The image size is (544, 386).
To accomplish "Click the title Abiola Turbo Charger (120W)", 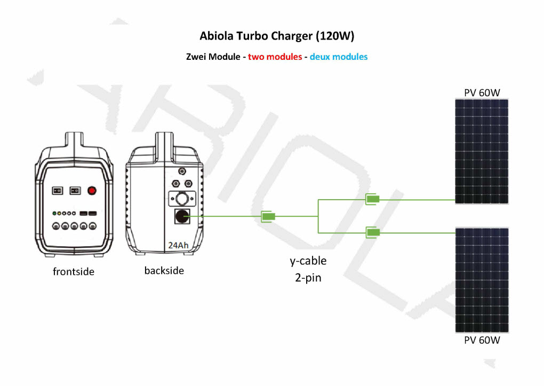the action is (x=277, y=36).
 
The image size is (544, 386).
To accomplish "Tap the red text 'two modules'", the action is (x=275, y=57).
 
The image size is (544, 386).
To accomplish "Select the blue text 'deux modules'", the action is (x=339, y=57).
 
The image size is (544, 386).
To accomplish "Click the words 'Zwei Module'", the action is (x=213, y=57).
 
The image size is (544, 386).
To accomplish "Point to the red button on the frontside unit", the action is (x=92, y=191).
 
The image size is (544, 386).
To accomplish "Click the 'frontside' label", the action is (x=74, y=271).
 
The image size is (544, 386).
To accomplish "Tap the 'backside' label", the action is (x=164, y=271).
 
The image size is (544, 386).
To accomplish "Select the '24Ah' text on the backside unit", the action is (x=178, y=245).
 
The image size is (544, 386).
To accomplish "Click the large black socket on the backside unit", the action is (x=182, y=216).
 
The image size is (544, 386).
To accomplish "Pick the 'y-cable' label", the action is (x=308, y=261).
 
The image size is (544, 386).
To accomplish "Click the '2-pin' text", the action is (x=308, y=278).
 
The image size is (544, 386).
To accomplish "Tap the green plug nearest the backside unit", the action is (x=268, y=216).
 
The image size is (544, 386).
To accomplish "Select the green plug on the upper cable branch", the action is (x=372, y=199).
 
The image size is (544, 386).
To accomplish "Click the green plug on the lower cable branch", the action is (x=373, y=232).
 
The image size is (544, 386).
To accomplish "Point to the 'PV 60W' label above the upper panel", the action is (x=482, y=93).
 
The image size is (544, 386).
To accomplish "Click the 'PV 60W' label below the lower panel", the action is (x=482, y=340).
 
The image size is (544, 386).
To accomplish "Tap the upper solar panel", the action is (x=482, y=152).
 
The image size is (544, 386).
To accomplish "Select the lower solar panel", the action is (x=482, y=280).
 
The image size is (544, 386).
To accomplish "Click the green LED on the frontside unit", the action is (x=54, y=214).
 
